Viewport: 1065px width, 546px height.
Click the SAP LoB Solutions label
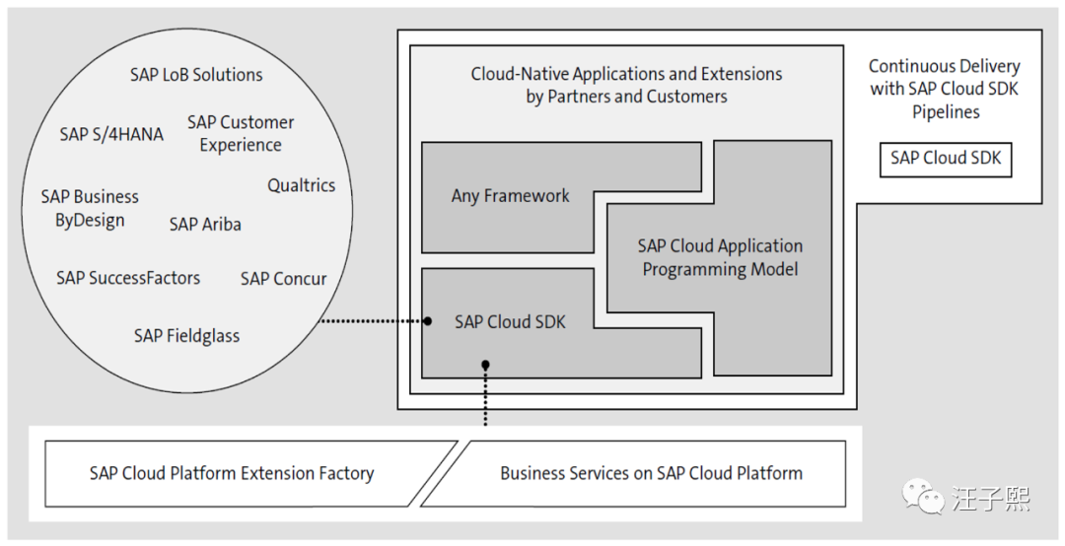[196, 75]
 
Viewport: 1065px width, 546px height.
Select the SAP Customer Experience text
[241, 133]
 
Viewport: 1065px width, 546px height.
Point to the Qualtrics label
[301, 185]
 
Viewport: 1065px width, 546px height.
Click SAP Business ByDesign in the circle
[90, 208]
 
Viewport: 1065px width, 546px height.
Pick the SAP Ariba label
[205, 224]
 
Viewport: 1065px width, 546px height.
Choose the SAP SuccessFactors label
[128, 278]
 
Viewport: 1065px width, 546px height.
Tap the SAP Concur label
[283, 279]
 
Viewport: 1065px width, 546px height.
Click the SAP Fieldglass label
[186, 336]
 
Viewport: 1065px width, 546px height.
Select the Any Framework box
[510, 196]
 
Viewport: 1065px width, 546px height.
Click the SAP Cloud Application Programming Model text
[720, 257]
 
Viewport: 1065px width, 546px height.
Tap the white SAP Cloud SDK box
[946, 158]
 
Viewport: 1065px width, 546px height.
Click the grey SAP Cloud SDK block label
[510, 322]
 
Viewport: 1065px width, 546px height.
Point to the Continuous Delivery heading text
[945, 89]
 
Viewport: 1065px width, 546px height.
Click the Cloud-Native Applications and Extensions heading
[626, 85]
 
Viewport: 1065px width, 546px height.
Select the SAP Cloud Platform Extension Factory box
[232, 473]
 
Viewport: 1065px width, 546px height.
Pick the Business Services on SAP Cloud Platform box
[651, 473]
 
